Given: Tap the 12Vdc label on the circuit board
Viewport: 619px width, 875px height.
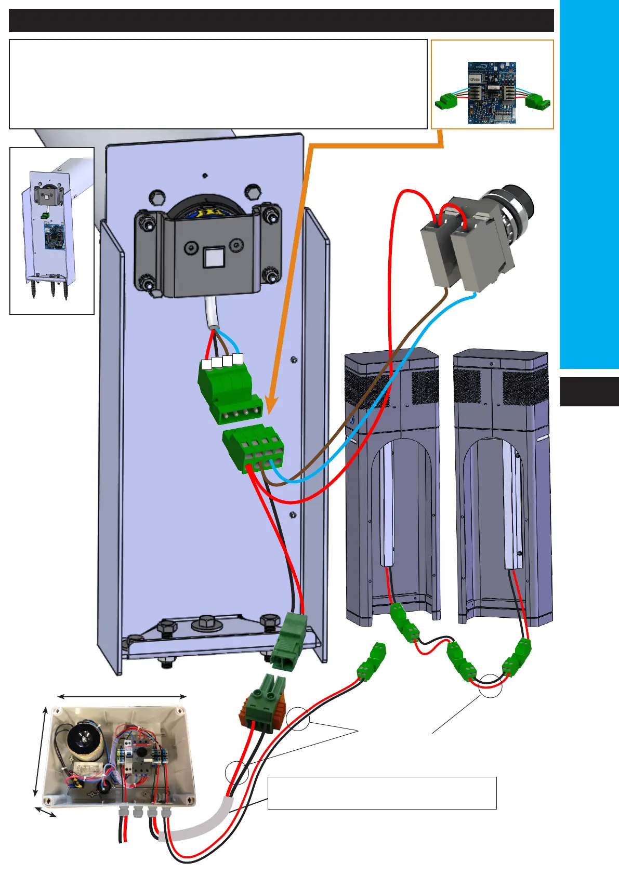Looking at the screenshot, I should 474,79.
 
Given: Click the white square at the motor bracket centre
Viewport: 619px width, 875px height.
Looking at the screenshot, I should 212,257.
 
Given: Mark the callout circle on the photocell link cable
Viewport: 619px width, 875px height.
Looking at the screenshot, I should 491,685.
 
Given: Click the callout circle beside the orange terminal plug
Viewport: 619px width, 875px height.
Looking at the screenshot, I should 298,719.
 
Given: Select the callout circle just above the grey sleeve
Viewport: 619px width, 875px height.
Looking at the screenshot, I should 237,773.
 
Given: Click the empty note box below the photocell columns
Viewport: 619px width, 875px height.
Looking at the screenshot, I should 382,793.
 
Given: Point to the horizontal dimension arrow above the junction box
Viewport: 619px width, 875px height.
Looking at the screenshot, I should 122,696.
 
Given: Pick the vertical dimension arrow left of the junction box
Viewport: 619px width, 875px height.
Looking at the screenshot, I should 40,751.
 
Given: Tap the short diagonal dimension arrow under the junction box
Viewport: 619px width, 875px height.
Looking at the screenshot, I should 46,812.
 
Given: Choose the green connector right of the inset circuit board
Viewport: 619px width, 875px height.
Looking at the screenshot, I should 537,100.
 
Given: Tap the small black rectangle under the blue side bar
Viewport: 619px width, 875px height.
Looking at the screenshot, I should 589,392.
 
